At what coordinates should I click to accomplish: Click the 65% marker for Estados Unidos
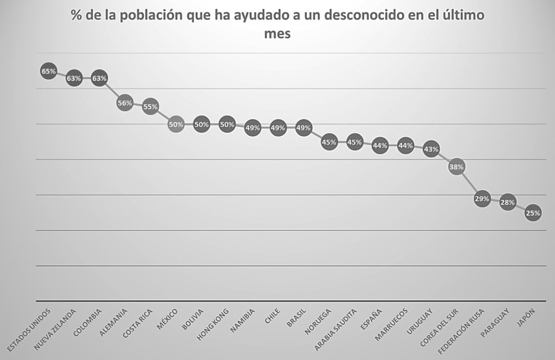click(x=49, y=71)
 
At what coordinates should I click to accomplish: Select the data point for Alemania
click(x=125, y=103)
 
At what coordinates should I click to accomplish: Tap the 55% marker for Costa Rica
click(x=150, y=107)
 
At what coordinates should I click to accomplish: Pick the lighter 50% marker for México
click(x=176, y=124)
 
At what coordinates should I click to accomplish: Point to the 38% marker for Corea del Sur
click(x=456, y=167)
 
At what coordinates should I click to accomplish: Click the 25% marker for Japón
click(x=533, y=213)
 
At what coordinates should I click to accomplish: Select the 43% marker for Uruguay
click(x=431, y=149)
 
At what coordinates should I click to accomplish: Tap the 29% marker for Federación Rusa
click(x=482, y=199)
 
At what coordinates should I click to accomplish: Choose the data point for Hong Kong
click(x=227, y=124)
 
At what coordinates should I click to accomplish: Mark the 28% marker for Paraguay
click(x=507, y=202)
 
